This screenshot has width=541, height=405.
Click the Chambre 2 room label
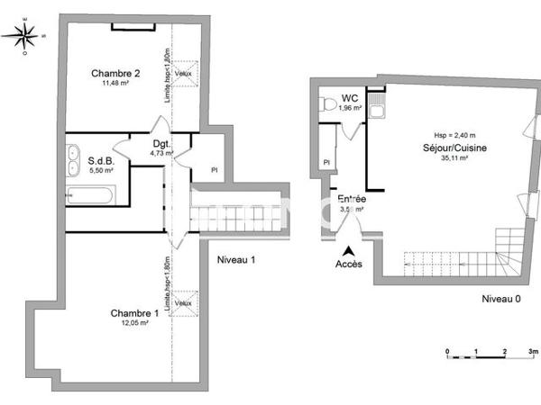(x=115, y=73)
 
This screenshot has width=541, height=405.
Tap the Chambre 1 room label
(x=134, y=312)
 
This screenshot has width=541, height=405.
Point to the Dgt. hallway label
(x=161, y=144)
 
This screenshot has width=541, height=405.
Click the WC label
(x=350, y=98)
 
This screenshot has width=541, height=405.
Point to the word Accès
(x=350, y=264)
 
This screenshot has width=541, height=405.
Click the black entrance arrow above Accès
(x=350, y=249)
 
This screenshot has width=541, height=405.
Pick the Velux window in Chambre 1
(x=183, y=302)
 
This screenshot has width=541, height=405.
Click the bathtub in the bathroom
(x=87, y=194)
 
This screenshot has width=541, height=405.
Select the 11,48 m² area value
(x=115, y=83)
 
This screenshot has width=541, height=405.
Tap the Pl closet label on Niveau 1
(x=214, y=168)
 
